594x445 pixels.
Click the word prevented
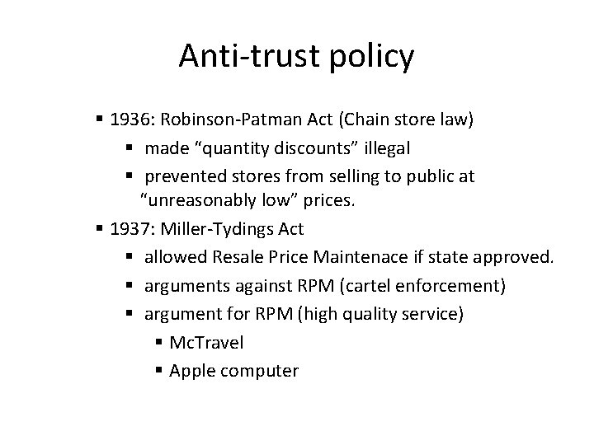(x=182, y=176)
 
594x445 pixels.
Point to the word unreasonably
(x=202, y=200)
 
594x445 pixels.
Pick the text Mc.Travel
(x=206, y=342)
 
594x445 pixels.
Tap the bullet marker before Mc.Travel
(x=158, y=343)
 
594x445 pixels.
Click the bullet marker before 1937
(x=101, y=228)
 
